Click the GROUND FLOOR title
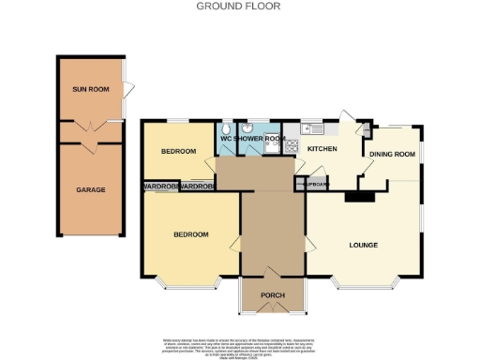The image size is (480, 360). point(239,6)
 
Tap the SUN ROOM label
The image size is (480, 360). point(92,89)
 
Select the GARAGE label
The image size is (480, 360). point(91,190)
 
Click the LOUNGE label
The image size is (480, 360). point(363,246)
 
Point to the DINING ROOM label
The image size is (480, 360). point(392,154)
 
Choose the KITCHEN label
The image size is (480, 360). point(322,148)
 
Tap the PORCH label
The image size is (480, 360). point(273,296)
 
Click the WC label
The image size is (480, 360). point(226,140)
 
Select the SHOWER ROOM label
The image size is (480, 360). point(260,140)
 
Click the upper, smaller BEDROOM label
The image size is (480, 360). point(177,151)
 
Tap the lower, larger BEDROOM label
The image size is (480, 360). point(189,234)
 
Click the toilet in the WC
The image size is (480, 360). point(227,128)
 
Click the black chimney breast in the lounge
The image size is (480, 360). point(357,197)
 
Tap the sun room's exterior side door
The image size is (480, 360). point(127,90)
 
